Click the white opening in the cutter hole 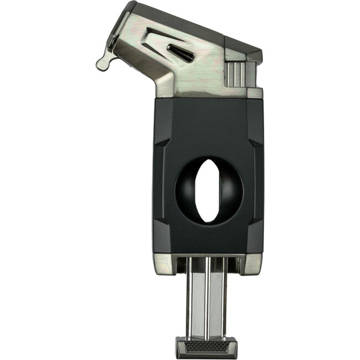pyautogui.click(x=208, y=191)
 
